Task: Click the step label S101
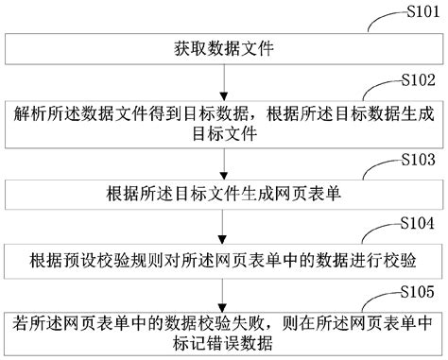point(419,11)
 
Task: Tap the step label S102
point(419,80)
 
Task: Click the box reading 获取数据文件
point(223,46)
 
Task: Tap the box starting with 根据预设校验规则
point(223,260)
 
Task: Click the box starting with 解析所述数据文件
point(223,123)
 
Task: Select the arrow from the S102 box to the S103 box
point(223,164)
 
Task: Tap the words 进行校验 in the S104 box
point(392,260)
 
